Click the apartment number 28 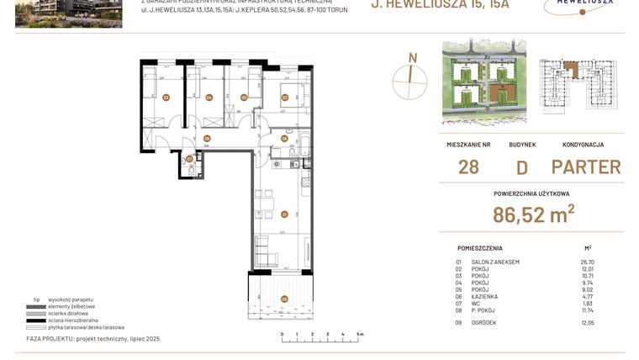(x=468, y=167)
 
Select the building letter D (x=521, y=167)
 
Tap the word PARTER (x=586, y=167)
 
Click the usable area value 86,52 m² (x=533, y=214)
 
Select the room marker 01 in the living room (x=284, y=213)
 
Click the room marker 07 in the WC (x=189, y=158)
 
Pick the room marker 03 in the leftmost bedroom (x=166, y=98)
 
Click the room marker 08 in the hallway (x=207, y=139)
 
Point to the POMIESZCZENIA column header (x=480, y=248)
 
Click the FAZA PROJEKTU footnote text (x=92, y=337)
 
